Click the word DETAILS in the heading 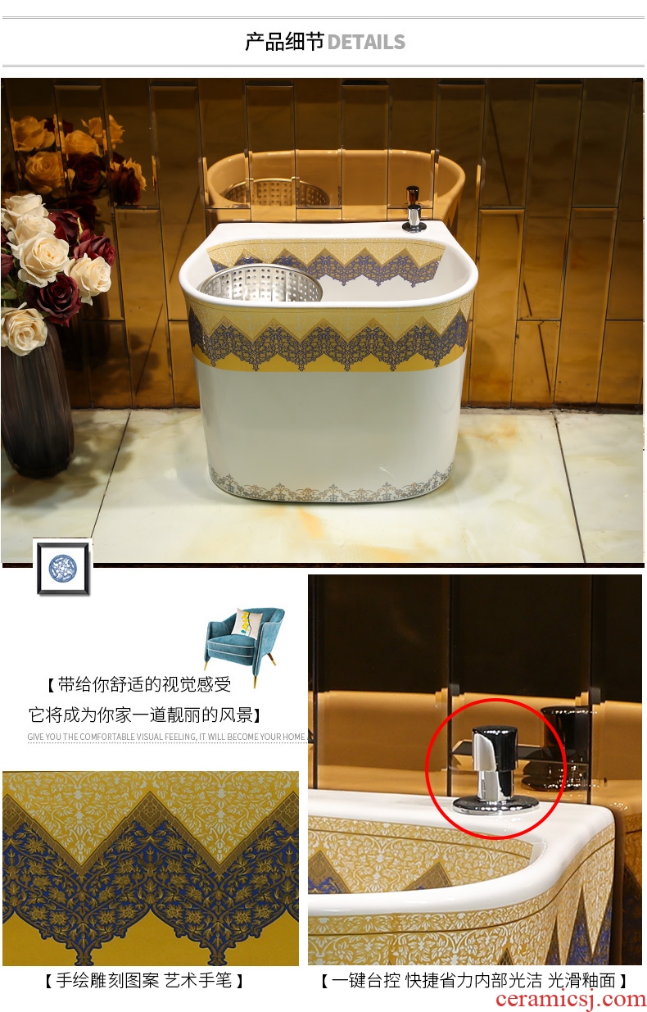coord(366,42)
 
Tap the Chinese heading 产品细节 coord(284,42)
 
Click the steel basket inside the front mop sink coord(261,283)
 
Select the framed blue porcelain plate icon coord(63,567)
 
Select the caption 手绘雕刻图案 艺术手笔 coord(144,980)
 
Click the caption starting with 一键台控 coord(473,981)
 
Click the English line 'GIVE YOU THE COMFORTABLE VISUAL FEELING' coord(166,737)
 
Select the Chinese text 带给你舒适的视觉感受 coord(143,685)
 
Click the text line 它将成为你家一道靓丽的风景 coord(140,715)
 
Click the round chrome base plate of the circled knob coord(495,804)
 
